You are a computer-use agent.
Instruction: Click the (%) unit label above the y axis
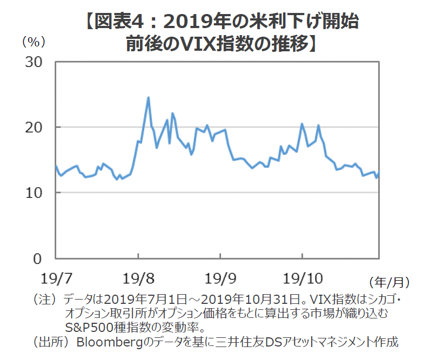coord(33,42)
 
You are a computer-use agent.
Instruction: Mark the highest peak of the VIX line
coord(148,98)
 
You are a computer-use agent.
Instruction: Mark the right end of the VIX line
coord(379,172)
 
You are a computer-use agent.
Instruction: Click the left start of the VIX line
coord(56,166)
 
